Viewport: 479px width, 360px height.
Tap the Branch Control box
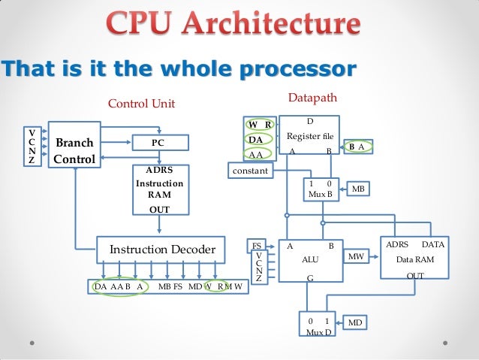(74, 150)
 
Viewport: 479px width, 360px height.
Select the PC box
(158, 142)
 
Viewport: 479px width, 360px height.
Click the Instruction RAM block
(158, 189)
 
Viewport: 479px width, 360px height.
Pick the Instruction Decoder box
(162, 249)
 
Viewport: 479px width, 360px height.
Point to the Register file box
(309, 136)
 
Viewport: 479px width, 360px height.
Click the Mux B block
(321, 189)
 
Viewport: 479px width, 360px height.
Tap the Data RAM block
(414, 260)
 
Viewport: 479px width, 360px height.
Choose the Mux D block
(319, 325)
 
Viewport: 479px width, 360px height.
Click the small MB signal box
(358, 189)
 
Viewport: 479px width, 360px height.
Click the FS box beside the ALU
(257, 245)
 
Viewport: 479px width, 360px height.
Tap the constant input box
(249, 171)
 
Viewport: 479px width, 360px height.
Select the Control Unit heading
(141, 104)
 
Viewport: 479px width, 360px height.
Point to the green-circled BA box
(357, 147)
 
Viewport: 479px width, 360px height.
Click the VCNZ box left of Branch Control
(31, 145)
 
